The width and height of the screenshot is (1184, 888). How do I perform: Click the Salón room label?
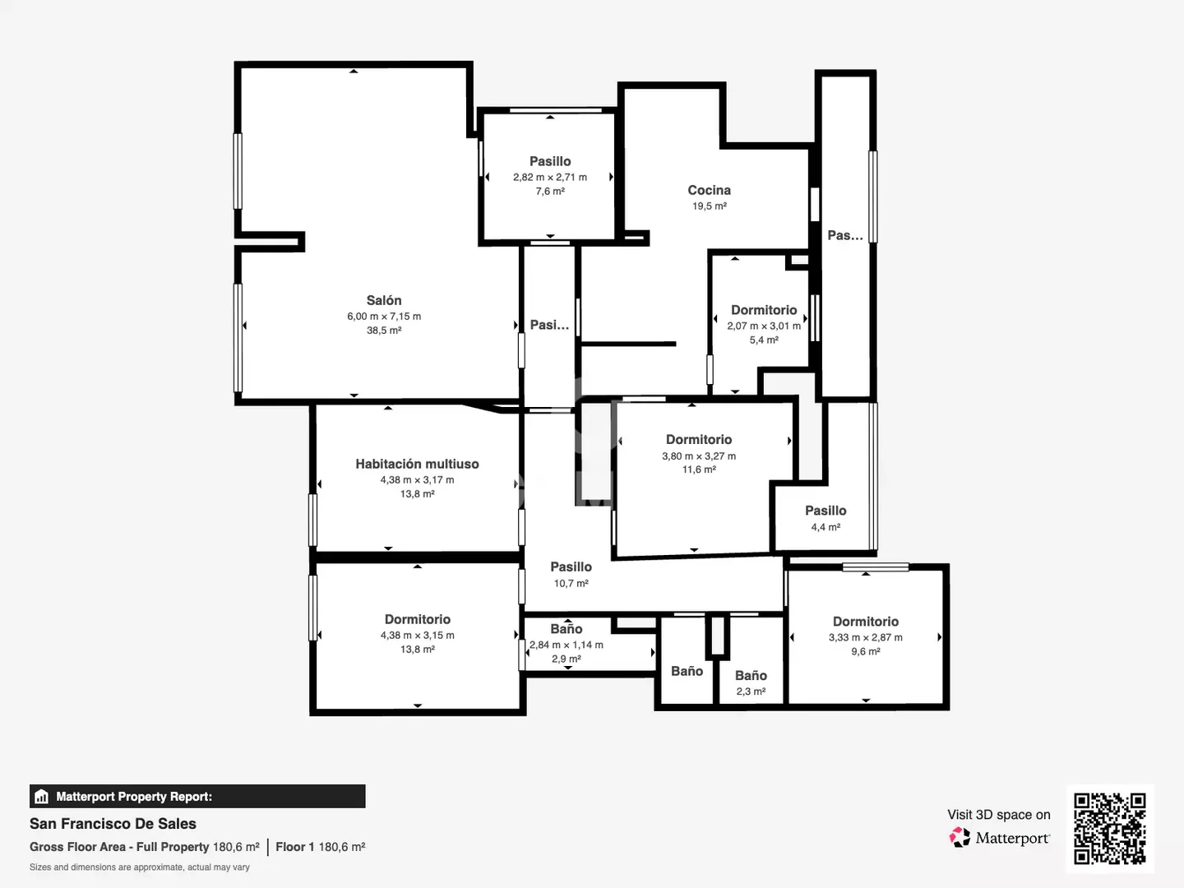point(383,300)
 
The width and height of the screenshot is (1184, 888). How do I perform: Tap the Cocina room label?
point(709,190)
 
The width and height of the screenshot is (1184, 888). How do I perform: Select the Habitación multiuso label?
point(417,464)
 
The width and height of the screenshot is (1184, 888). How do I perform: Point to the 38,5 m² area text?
point(383,331)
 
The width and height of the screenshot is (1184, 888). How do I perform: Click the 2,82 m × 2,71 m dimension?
point(550,177)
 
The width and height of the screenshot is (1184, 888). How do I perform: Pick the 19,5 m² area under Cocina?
point(710,206)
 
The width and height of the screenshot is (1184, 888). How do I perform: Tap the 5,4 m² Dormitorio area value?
point(764,340)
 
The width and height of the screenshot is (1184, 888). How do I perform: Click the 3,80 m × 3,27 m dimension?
point(699,456)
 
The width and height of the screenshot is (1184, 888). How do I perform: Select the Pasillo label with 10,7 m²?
point(571,567)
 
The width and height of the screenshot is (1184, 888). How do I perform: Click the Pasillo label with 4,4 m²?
point(826,511)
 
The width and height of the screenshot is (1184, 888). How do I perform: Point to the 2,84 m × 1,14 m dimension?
point(566,645)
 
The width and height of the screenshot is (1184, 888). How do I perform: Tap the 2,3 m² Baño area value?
point(751,691)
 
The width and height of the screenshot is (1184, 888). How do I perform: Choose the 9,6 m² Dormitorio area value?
point(865,651)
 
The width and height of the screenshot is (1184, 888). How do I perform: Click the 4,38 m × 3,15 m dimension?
point(417,635)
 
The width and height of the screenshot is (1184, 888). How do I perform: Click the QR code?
point(1109,829)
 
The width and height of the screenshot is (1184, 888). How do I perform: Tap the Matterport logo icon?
point(960,837)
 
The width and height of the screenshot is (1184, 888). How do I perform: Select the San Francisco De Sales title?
point(113,823)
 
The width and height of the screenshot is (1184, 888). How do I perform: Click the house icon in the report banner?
point(42,797)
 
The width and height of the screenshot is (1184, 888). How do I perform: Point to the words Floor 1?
point(294,847)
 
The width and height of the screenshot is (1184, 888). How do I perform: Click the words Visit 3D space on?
point(998,815)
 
